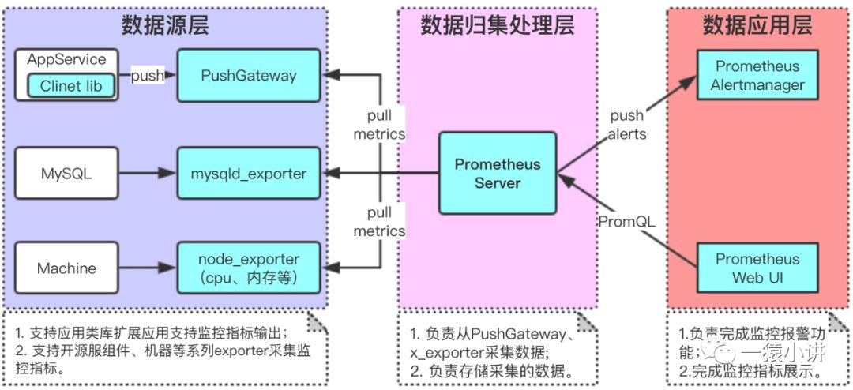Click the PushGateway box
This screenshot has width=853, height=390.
pos(248,76)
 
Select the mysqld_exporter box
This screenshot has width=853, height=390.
pos(248,173)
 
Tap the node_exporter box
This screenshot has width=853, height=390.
pos(248,268)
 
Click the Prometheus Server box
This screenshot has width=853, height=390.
pos(498,173)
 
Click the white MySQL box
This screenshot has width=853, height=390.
pos(66,173)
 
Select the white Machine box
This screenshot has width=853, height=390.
pos(66,268)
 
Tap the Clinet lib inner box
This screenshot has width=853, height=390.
pos(70,85)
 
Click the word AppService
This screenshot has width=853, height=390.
pos(66,59)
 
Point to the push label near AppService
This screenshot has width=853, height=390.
pos(147,76)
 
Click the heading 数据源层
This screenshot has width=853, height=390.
pos(165,25)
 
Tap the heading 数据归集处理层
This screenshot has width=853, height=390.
pos(497,25)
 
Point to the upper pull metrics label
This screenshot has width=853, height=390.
pos(379,125)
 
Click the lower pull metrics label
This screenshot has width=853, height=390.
pos(379,222)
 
